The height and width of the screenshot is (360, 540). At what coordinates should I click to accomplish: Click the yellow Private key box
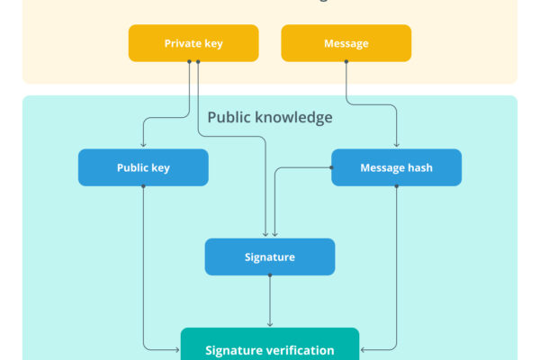click(193, 43)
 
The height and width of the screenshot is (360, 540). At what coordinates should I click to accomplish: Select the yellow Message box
click(346, 43)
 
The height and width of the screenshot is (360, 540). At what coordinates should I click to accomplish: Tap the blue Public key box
click(143, 167)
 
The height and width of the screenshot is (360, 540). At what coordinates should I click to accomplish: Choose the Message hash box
click(396, 167)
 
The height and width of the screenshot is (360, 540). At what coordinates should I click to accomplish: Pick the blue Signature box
click(270, 257)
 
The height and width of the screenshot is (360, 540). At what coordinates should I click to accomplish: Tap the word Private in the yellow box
click(182, 43)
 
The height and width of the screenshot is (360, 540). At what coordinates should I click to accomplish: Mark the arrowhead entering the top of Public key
click(143, 146)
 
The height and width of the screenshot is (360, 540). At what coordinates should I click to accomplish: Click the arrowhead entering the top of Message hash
click(396, 146)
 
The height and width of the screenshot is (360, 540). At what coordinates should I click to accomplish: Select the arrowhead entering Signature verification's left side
click(177, 347)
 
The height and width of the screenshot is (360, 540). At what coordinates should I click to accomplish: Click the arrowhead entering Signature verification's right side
click(363, 347)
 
